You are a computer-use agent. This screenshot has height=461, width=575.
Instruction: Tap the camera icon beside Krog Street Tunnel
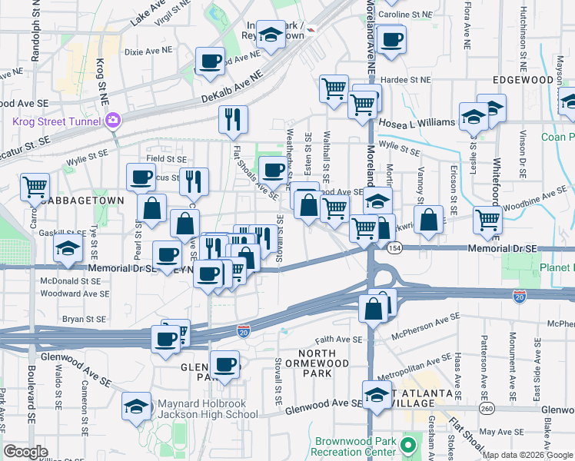pyautogui.click(x=113, y=121)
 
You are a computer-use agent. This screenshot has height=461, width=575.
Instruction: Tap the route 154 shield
pyautogui.click(x=394, y=247)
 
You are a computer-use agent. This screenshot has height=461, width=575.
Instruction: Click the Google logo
pyautogui.click(x=25, y=452)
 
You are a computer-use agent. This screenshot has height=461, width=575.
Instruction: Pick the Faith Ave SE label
pyautogui.click(x=338, y=340)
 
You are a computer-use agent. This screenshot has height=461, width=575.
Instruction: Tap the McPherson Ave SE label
pyautogui.click(x=426, y=327)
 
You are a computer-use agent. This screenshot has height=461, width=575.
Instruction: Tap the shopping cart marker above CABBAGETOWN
pyautogui.click(x=35, y=186)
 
